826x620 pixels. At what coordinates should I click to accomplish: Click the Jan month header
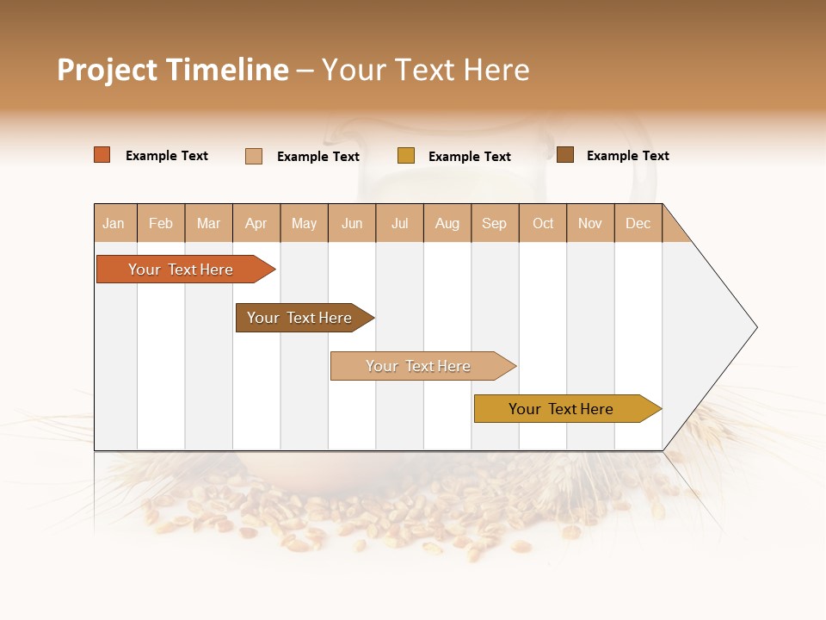pos(114,223)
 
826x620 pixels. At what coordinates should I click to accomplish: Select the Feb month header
pos(161,223)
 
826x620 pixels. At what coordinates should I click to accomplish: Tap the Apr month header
pos(256,223)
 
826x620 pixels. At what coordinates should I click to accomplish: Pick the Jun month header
pos(352,223)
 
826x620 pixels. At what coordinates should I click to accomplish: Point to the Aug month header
pos(447,223)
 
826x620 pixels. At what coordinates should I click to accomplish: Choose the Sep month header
pos(494,223)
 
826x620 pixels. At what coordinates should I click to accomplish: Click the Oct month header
pos(543,223)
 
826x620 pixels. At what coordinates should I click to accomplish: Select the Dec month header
pos(638,223)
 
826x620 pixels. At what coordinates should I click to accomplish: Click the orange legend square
pos(102,155)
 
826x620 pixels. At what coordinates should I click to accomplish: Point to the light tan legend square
pos(254,156)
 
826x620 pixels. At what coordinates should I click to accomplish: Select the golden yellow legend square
pos(406,156)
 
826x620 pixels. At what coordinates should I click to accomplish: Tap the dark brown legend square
pos(565,155)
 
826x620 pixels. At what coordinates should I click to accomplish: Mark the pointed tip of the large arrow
pos(755,327)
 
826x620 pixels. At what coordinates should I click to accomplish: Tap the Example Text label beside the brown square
pos(627,156)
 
